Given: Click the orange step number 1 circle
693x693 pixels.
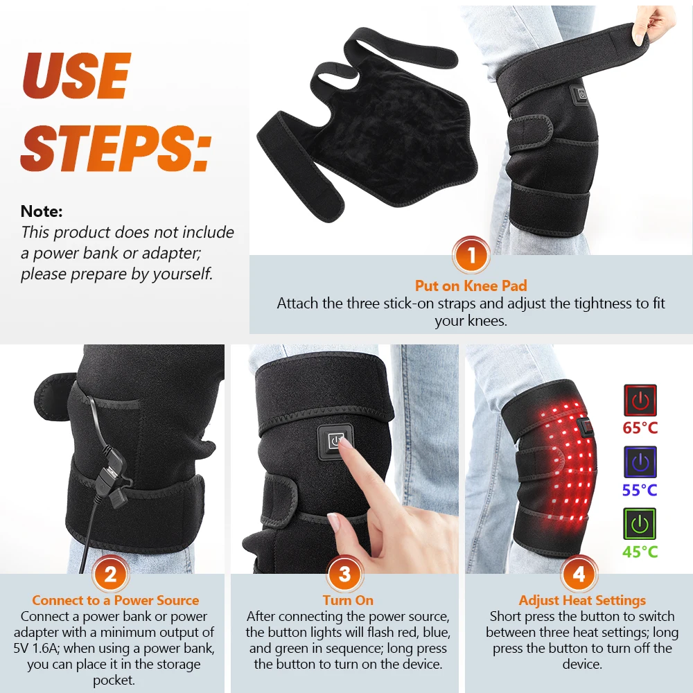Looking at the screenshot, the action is pos(471,255).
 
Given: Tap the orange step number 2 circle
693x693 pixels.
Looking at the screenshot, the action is pos(110,574).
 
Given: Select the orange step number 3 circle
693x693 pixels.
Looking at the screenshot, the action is pos(344,574).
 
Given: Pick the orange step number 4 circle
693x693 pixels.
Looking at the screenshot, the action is pos(579,574).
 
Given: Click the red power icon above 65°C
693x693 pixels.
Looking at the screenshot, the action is pos(640,401).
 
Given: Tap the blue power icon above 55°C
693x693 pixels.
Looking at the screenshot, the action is pos(640,462).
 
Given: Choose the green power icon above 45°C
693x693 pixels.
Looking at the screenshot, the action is pos(640,524).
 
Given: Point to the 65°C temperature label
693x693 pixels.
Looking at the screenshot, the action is pos(640,428).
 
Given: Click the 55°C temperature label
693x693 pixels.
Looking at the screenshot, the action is pos(640,490).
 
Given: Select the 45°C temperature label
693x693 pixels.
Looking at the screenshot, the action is pos(640,552).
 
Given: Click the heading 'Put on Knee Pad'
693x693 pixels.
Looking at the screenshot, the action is pos(471,286).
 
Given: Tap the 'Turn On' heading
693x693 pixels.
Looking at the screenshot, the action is pos(348,600).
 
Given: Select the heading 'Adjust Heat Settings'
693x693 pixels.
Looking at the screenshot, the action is pos(582,601).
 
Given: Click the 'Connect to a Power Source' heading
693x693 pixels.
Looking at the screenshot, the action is pos(115,600).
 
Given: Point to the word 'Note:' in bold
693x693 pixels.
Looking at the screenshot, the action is pos(42,211).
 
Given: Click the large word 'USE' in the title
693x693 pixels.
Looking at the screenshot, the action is pos(76,76).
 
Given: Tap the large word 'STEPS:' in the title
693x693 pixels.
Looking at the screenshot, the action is pos(116,148).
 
